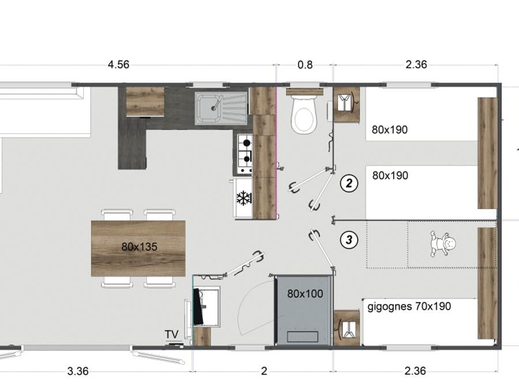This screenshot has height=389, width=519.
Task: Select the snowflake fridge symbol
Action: (244, 198)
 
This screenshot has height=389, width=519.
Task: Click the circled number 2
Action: (349, 183)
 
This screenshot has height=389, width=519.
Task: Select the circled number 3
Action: (349, 240)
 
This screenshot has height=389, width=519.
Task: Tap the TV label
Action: (172, 334)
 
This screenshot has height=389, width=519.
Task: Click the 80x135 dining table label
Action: (140, 247)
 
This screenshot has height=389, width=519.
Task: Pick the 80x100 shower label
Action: (305, 293)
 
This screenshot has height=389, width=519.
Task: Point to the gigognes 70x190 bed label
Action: (409, 307)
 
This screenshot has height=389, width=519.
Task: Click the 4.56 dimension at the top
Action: (118, 64)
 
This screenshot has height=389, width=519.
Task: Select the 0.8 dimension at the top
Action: (305, 65)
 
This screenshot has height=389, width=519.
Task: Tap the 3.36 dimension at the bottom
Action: (78, 371)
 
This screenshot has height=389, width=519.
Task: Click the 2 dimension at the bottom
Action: (264, 371)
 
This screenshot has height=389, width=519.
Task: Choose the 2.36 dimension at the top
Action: (416, 64)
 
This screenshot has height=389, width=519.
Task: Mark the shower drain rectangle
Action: (303, 337)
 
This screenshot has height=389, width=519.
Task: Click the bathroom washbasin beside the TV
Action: (206, 307)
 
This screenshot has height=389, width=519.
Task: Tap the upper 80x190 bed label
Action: (390, 130)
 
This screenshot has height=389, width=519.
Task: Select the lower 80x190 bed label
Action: (390, 175)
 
